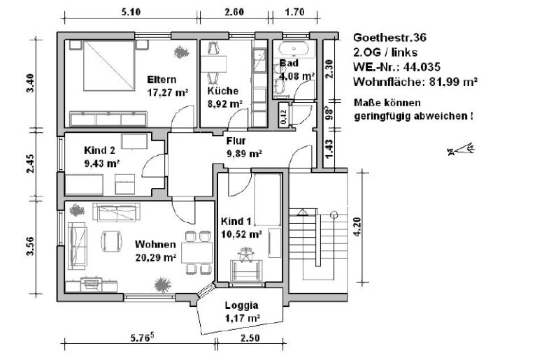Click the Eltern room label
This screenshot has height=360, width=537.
161,79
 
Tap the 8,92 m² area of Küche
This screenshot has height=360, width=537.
225,103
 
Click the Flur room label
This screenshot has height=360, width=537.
235,140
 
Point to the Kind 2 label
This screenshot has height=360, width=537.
99,151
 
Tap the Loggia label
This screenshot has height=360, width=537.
241,305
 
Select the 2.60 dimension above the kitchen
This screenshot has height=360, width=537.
234,12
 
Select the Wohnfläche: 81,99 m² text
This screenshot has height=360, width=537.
415,82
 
